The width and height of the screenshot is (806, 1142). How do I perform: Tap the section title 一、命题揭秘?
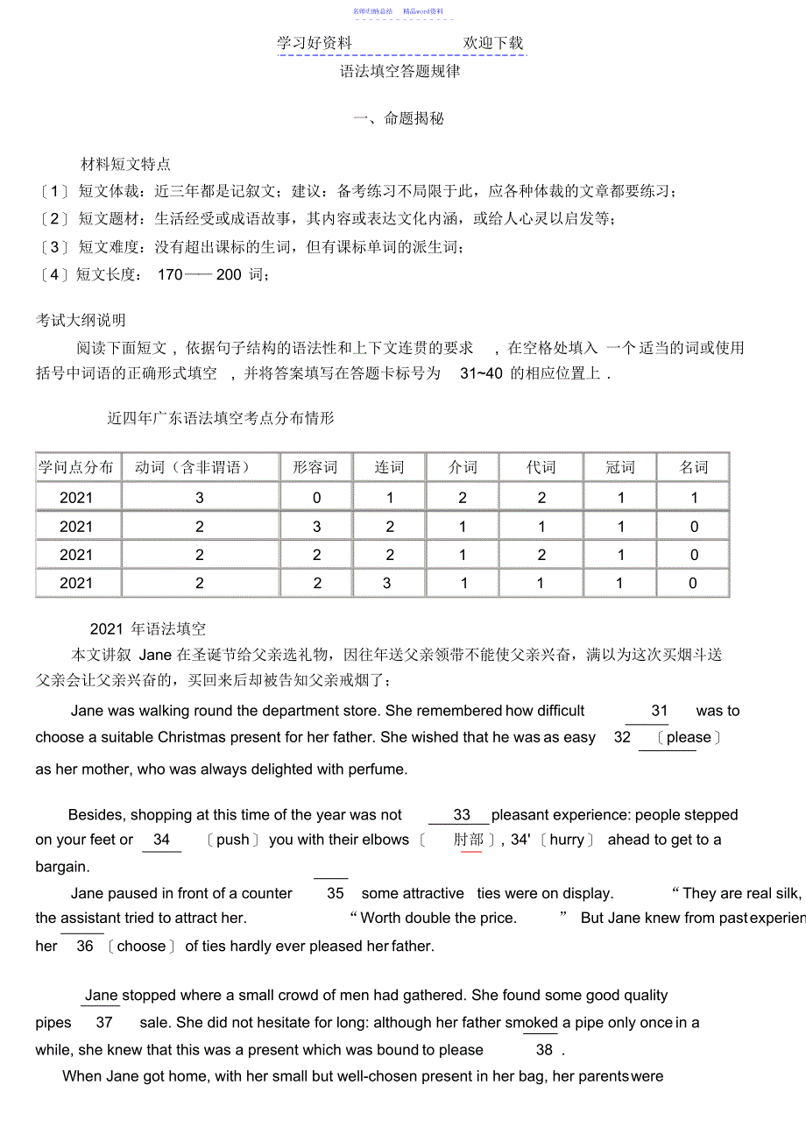pos(399,118)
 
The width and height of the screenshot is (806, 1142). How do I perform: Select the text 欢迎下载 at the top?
pos(493,43)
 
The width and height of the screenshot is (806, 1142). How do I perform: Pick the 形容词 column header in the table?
pos(315,467)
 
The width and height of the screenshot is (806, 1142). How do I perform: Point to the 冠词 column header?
pos(620,467)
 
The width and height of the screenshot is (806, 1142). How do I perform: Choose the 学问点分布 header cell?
pos(76,467)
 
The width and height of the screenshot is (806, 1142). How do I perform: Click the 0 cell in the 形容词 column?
pos(316,498)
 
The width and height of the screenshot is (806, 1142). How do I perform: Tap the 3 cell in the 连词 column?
pos(387,583)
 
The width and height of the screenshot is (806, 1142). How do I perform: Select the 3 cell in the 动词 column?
pos(200,498)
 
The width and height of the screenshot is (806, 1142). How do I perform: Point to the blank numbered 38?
pos(544,1050)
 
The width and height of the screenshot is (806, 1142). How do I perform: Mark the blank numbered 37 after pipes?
pos(104,1023)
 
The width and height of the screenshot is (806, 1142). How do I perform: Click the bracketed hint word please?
pos(689,738)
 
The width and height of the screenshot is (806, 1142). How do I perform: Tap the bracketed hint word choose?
pos(141,947)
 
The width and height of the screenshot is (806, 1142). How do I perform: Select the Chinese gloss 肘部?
pos(469,840)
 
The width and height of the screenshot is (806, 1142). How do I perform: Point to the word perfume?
pos(372,770)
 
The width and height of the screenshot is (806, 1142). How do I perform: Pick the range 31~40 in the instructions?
pos(481,373)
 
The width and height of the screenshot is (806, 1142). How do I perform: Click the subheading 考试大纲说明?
pos(81,321)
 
